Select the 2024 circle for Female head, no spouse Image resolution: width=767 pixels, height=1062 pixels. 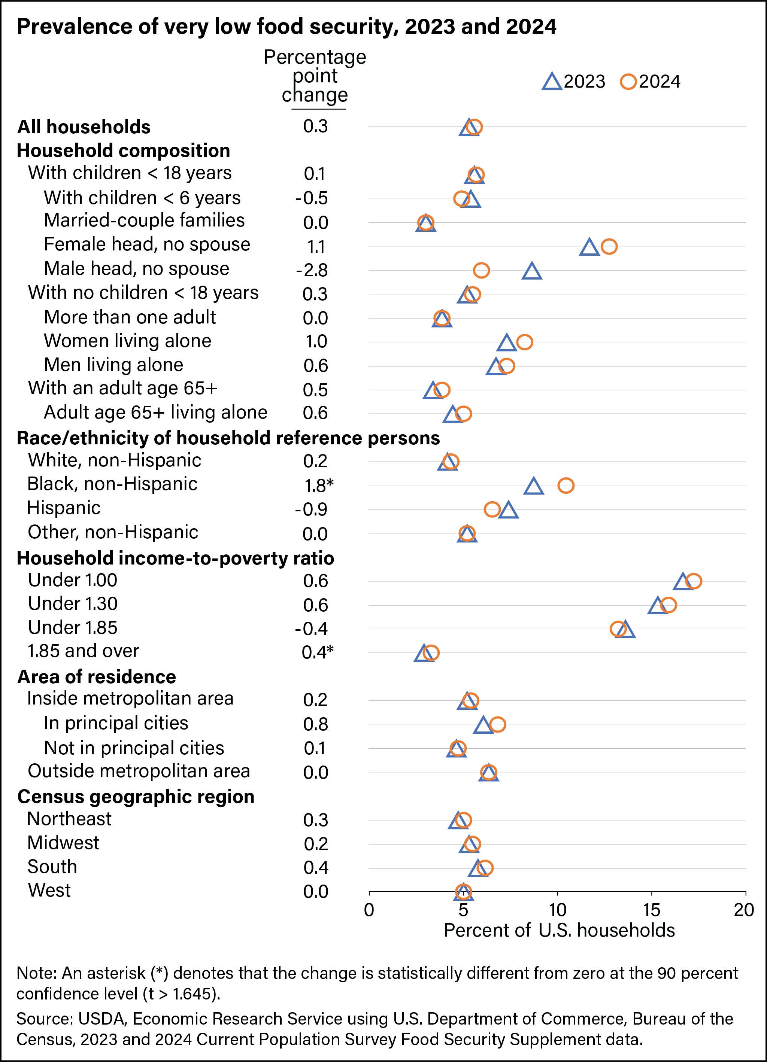pyautogui.click(x=609, y=246)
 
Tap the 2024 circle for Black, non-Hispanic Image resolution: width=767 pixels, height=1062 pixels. pyautogui.click(x=566, y=486)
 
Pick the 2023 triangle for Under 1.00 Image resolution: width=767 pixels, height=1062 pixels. pyautogui.click(x=683, y=582)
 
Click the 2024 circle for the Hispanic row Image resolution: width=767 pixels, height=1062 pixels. pyautogui.click(x=492, y=509)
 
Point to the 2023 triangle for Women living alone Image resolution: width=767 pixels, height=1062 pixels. pyautogui.click(x=506, y=343)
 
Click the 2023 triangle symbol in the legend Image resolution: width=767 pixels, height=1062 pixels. pyautogui.click(x=552, y=82)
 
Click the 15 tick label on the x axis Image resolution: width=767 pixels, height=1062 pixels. pyautogui.click(x=651, y=910)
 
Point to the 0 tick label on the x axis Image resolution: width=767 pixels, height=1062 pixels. pyautogui.click(x=369, y=910)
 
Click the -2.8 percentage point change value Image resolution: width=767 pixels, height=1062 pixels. pyautogui.click(x=312, y=270)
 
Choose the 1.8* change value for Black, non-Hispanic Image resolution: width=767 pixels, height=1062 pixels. pyautogui.click(x=319, y=486)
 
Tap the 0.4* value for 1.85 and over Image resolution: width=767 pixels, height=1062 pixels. pyautogui.click(x=317, y=652)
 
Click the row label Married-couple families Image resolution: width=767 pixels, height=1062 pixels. pyautogui.click(x=144, y=220)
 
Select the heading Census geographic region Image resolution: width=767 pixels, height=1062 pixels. pyautogui.click(x=136, y=797)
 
